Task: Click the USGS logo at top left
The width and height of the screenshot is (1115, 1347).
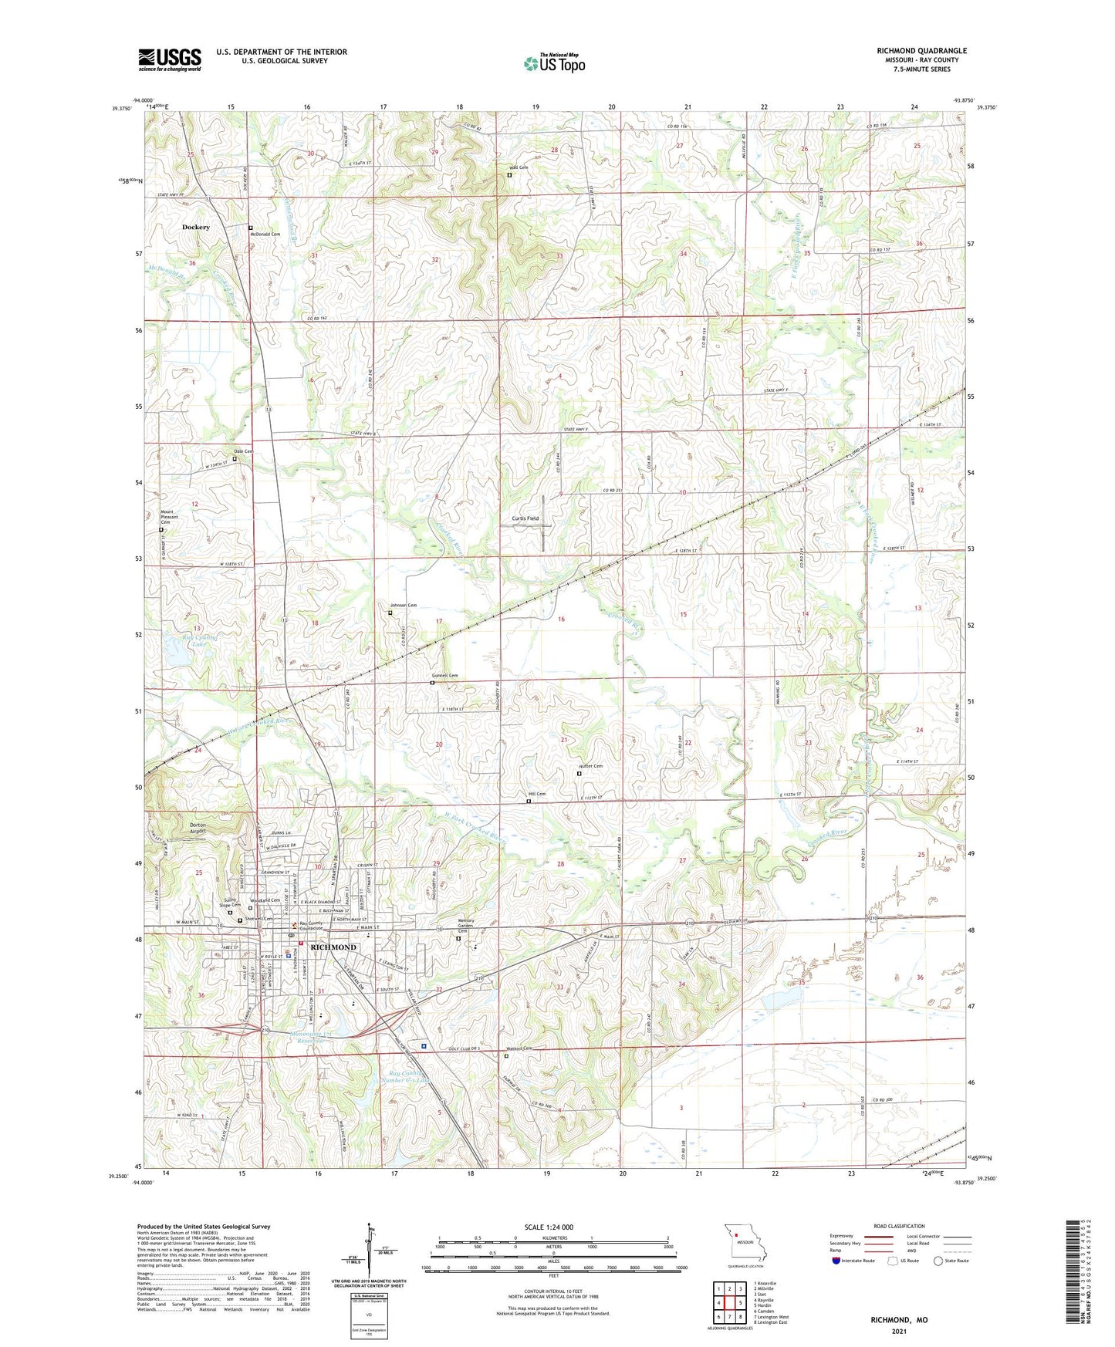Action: (170, 59)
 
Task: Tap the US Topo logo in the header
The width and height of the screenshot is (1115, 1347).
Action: (553, 63)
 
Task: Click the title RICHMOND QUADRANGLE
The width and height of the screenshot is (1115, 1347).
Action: (921, 51)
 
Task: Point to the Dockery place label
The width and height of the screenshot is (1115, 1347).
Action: (196, 228)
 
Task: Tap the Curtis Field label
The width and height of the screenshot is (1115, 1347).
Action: (525, 518)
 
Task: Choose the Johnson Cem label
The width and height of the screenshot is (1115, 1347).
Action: (403, 606)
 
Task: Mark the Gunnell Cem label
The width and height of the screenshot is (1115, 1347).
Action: (444, 676)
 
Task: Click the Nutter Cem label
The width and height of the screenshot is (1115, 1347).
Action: (590, 766)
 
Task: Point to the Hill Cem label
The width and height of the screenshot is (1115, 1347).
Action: (536, 794)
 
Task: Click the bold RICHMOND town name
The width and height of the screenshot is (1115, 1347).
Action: (333, 947)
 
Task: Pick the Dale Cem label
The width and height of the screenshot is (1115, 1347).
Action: (243, 451)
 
